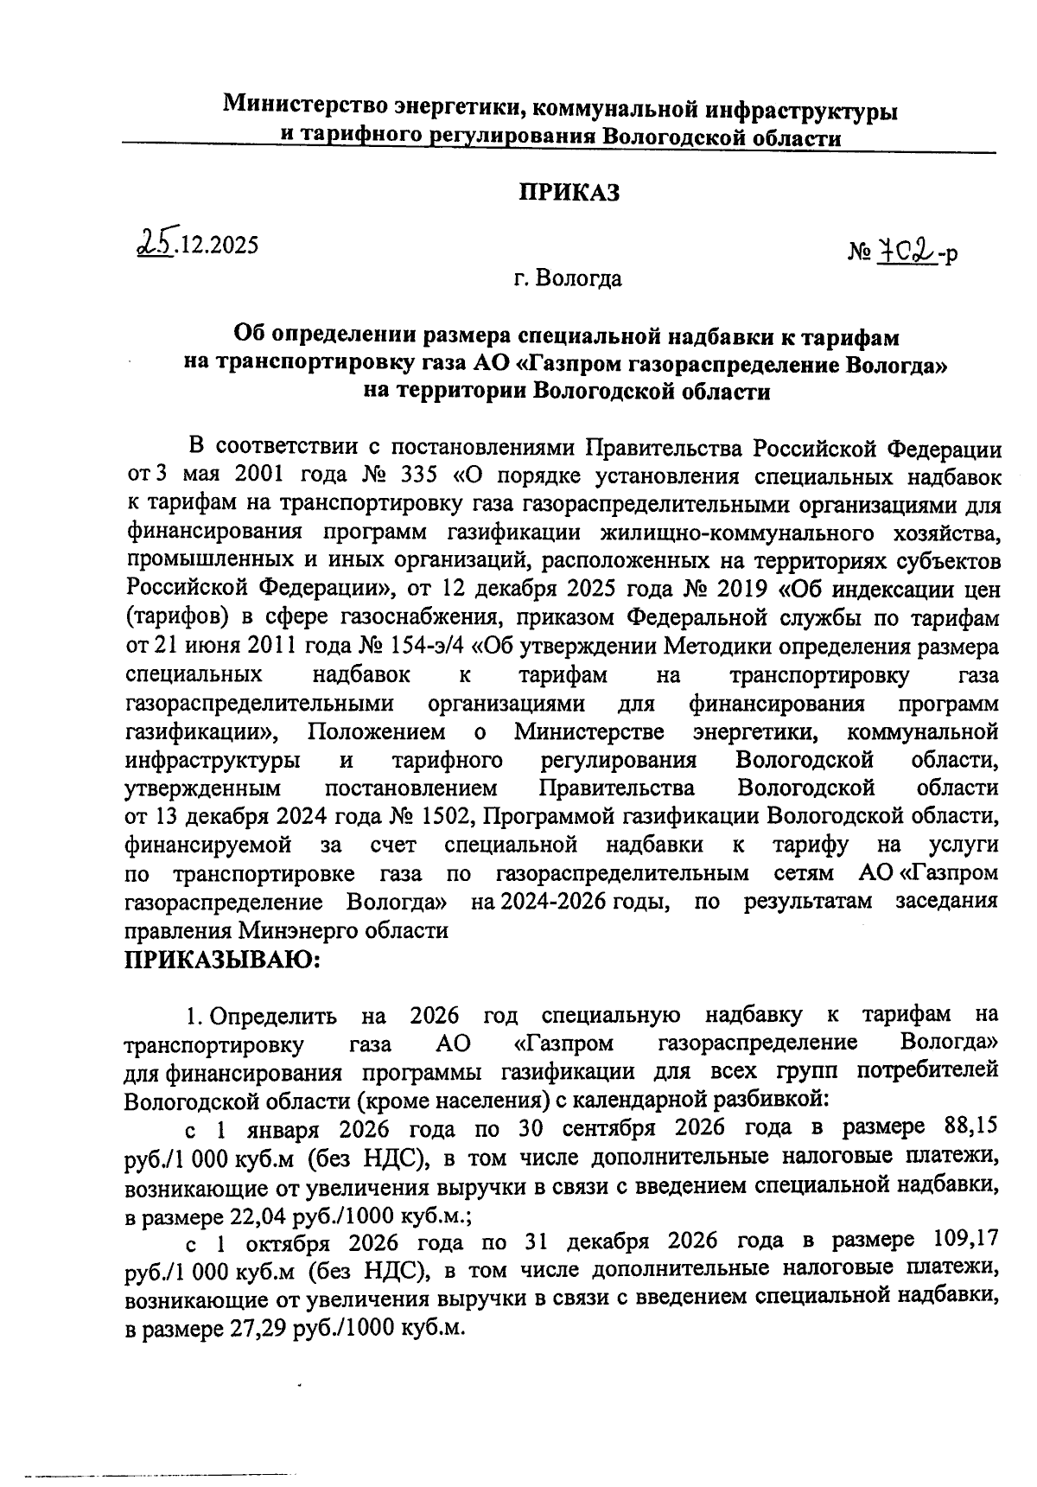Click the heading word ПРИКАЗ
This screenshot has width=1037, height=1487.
[569, 193]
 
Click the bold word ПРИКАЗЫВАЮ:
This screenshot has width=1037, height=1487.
[222, 960]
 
